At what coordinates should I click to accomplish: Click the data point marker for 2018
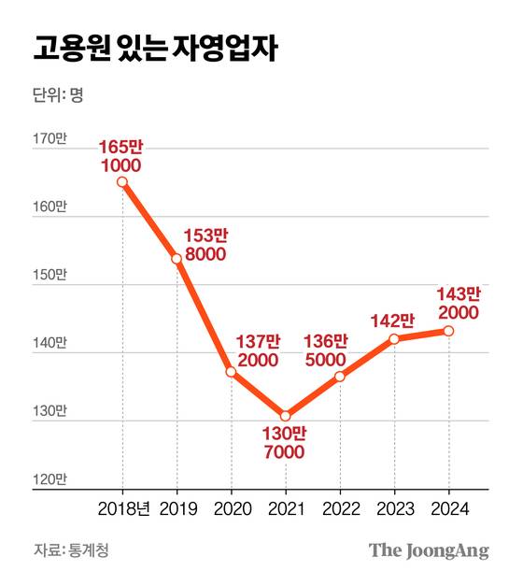[x=122, y=182]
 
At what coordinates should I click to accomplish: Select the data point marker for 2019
[x=177, y=258]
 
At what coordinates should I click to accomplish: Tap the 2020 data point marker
[x=231, y=372]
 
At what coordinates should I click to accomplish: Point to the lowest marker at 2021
[x=285, y=415]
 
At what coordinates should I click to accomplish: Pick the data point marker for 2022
[x=339, y=377]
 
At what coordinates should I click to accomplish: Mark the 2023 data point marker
[x=394, y=338]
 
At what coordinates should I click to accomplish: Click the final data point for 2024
[x=448, y=331]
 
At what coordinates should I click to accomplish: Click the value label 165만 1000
[x=121, y=156]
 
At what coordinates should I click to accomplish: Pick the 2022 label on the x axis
[x=339, y=508]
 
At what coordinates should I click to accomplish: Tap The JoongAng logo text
[x=428, y=550]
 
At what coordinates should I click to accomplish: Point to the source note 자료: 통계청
[x=71, y=550]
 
